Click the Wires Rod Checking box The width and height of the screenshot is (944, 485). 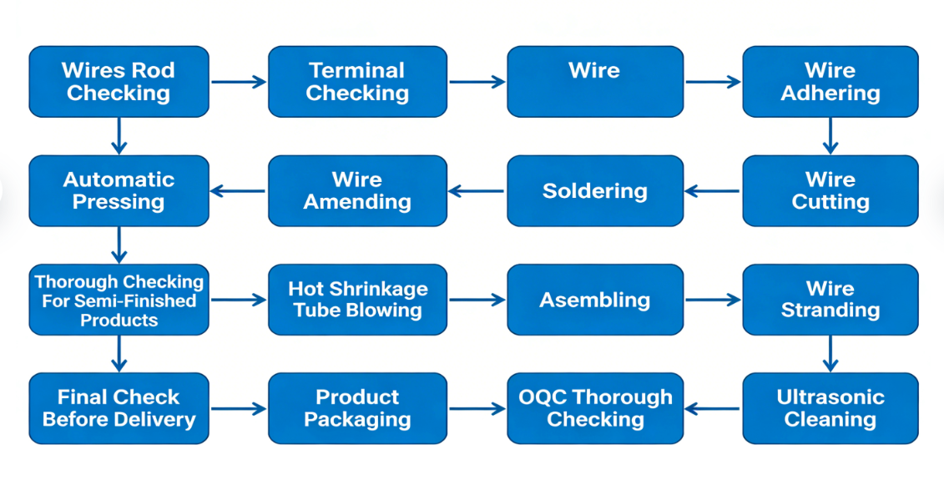119,82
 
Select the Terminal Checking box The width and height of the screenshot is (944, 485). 357,82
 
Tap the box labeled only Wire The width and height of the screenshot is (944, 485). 595,82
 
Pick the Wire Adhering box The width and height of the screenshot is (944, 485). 830,82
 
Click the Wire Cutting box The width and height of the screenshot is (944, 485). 830,191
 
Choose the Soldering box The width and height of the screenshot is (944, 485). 595,191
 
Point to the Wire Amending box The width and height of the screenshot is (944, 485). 357,191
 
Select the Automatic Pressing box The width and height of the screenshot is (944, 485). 119,191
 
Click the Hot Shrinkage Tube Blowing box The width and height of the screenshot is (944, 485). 357,300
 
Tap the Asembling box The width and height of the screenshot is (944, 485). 595,300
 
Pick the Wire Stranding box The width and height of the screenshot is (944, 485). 830,300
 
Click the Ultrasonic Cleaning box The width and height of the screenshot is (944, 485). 830,408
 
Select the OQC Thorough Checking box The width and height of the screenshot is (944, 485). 595,408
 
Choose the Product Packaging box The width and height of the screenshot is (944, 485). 357,408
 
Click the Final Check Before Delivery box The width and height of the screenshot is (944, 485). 119,408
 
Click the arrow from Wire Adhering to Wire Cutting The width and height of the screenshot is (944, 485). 830,136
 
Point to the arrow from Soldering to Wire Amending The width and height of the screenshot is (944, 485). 477,191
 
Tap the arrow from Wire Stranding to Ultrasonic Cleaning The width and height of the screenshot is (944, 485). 830,354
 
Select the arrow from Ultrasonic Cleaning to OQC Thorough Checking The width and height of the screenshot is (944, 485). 713,409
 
